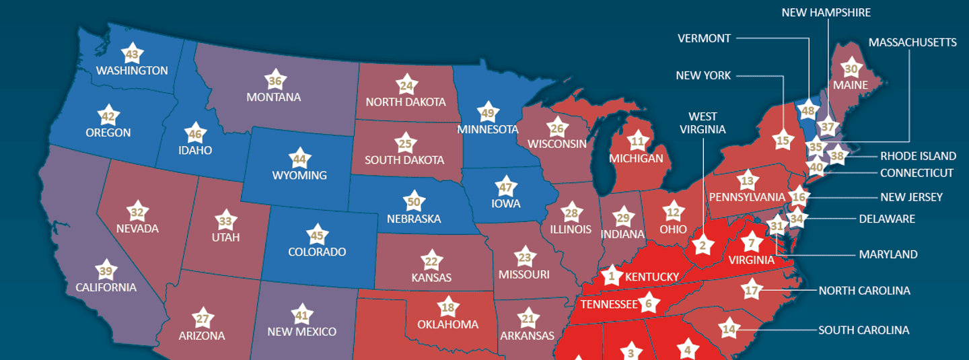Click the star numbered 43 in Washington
point(133,54)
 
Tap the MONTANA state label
point(274,98)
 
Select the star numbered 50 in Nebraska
point(415,201)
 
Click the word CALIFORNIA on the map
point(106,287)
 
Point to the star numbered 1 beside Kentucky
point(612,275)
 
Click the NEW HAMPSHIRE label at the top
point(826,13)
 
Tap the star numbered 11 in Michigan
point(637,141)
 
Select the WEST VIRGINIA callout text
point(703,122)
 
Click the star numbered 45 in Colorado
point(317,236)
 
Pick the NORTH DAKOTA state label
point(406,102)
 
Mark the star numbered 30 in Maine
point(851,69)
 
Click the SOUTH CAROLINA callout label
point(863,330)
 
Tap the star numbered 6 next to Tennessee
point(649,303)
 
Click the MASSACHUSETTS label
point(912,42)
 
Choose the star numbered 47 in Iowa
point(505,186)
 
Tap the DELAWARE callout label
point(887,219)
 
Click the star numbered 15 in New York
point(782,141)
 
